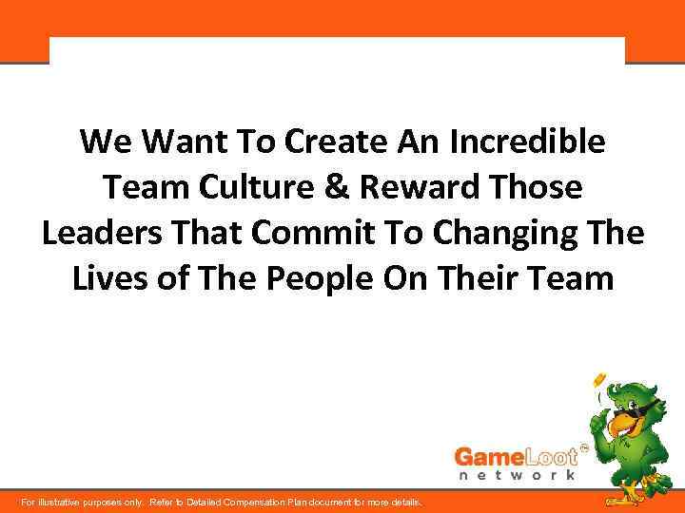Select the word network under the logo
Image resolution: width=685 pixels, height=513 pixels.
coord(516,474)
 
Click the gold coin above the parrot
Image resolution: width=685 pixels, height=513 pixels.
coord(599,380)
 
